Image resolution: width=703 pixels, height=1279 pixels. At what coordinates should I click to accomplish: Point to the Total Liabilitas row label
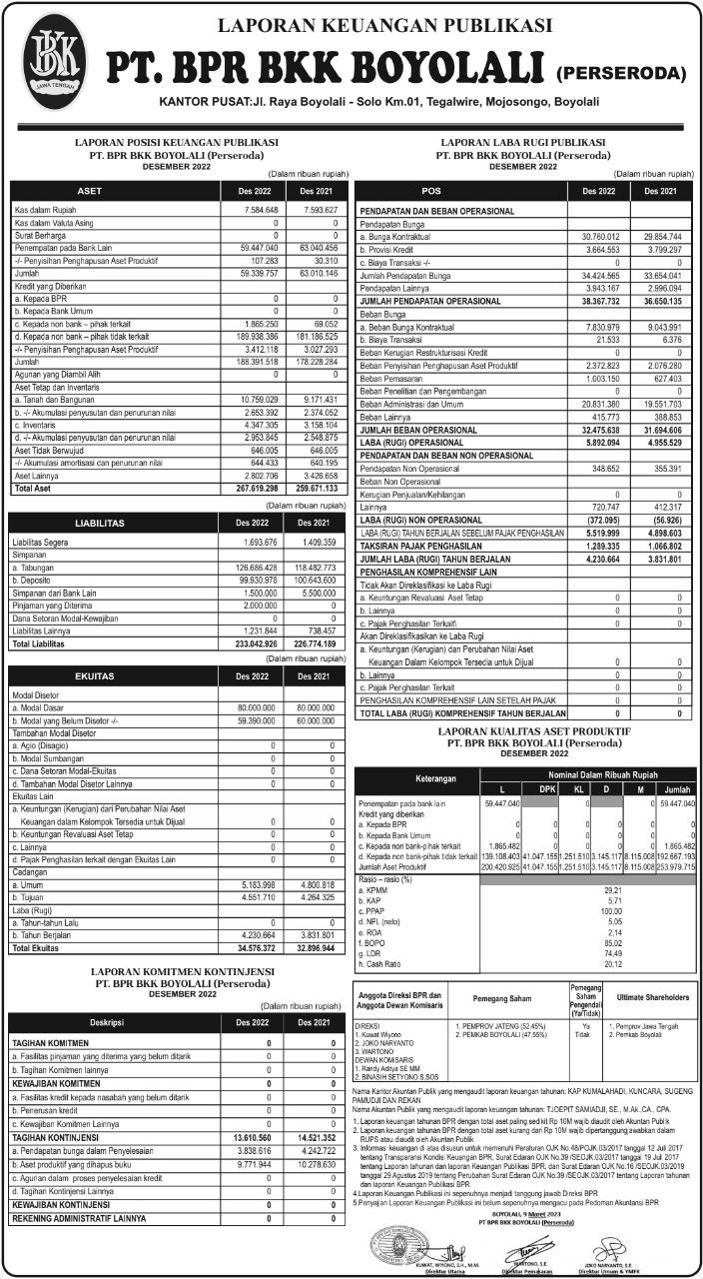[x=47, y=644]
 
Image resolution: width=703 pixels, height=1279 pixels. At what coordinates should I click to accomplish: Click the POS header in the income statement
[x=431, y=190]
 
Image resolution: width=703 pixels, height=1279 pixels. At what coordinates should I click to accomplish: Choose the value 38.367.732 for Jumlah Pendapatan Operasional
[x=607, y=301]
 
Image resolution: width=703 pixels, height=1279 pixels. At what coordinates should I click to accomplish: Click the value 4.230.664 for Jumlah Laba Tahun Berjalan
[x=607, y=560]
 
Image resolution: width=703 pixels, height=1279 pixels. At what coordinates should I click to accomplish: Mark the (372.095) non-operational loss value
[x=607, y=521]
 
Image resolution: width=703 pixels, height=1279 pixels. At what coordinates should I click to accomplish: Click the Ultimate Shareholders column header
[x=653, y=997]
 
